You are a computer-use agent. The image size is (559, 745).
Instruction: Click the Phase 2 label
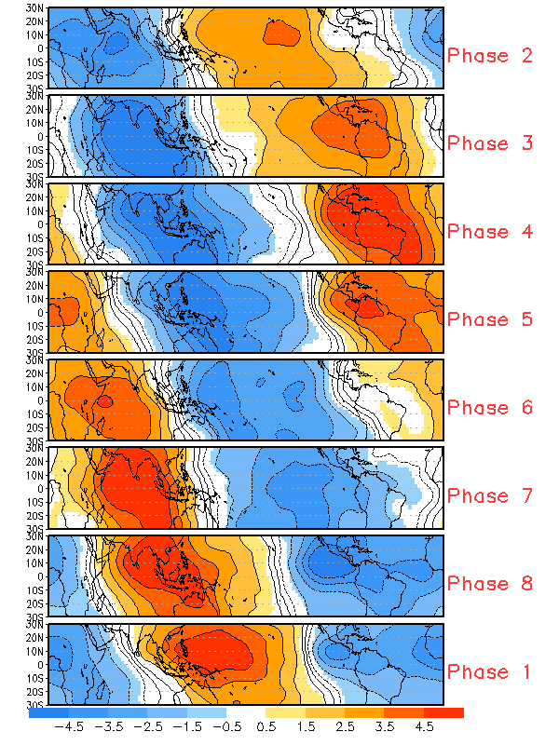pyautogui.click(x=490, y=55)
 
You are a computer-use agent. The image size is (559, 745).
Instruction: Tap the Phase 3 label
pyautogui.click(x=490, y=143)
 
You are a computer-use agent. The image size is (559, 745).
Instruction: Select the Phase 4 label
pyautogui.click(x=490, y=231)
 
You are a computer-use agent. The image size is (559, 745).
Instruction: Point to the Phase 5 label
pyautogui.click(x=490, y=318)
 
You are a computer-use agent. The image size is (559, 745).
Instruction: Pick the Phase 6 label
pyautogui.click(x=490, y=407)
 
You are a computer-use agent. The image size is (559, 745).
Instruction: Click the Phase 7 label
pyautogui.click(x=490, y=495)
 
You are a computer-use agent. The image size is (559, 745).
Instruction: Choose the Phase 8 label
pyautogui.click(x=490, y=583)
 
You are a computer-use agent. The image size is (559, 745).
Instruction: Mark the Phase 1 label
pyautogui.click(x=490, y=671)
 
